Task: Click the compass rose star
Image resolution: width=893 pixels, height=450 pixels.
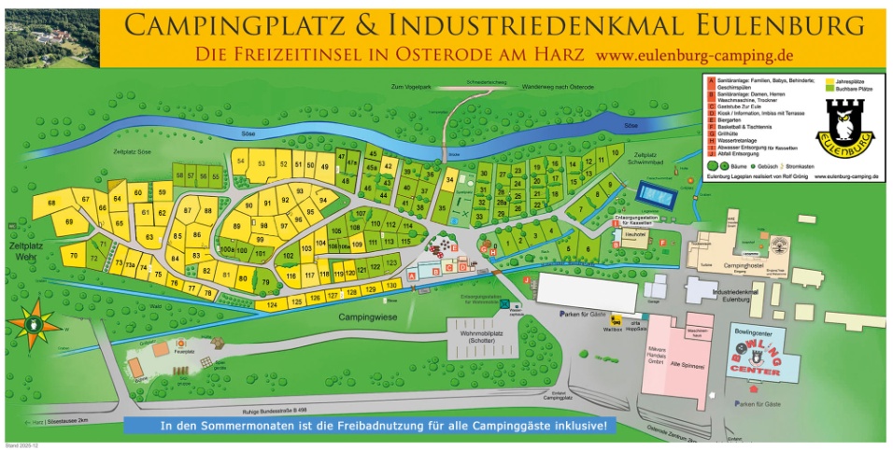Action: [34, 323]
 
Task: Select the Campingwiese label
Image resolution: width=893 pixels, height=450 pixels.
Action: [361, 318]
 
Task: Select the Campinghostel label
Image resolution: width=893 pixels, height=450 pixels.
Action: [738, 267]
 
